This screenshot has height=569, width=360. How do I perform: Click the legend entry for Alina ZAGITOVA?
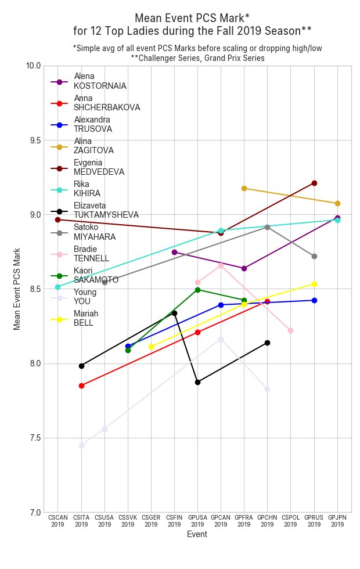pos(93,146)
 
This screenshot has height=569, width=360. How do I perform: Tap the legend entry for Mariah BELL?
pos(85,318)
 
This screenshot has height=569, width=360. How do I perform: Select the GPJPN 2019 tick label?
pos(337,521)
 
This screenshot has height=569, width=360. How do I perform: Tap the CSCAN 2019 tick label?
pos(57,521)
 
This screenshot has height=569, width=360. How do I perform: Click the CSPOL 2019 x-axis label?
pos(290,521)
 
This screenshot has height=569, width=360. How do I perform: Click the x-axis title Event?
pos(197,535)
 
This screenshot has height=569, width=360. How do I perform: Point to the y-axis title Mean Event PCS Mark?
pos(17,289)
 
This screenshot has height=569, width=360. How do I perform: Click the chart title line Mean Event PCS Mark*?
pos(192,18)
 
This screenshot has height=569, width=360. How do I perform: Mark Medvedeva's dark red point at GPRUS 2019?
pos(314,183)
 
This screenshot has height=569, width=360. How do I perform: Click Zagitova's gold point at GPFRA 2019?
pos(244,188)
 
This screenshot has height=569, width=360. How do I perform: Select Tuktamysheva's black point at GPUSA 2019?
pos(197,382)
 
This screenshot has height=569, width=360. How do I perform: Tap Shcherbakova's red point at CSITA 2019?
pos(81,386)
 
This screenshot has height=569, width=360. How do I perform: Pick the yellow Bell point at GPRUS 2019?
pos(314,284)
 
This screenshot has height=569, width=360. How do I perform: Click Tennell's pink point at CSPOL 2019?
pos(290,330)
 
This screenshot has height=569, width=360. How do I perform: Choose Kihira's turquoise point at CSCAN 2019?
pos(57,287)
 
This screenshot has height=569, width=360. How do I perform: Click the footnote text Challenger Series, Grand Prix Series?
pos(197,58)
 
